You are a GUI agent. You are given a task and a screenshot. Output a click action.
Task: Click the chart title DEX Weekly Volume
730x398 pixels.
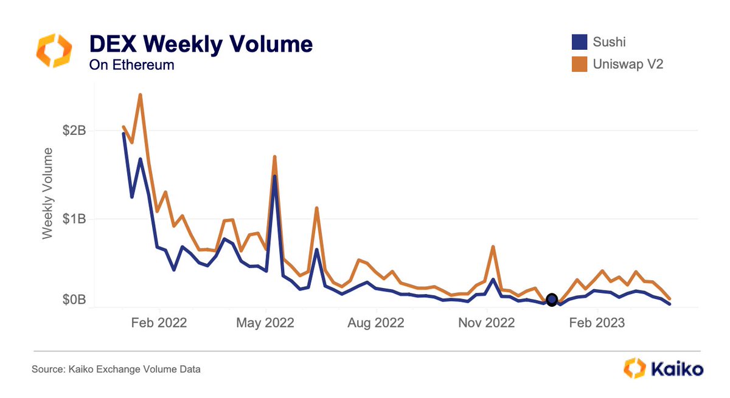(201, 44)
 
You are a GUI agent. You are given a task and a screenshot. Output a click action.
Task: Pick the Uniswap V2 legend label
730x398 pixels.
(628, 63)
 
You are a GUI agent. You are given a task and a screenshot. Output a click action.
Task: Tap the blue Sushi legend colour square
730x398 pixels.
(579, 42)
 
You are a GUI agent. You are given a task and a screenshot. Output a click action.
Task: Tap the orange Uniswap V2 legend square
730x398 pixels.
(579, 63)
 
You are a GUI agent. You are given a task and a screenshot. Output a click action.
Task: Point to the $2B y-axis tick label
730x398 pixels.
(74, 131)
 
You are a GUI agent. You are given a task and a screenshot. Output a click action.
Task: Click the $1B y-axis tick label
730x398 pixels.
(74, 219)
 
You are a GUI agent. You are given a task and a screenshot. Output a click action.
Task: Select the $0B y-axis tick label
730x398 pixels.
(74, 300)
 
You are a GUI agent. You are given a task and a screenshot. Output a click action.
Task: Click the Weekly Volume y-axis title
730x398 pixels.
(47, 193)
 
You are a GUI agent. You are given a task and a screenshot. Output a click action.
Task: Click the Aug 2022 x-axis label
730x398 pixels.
(377, 323)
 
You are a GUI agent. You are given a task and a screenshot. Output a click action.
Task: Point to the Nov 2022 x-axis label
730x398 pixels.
(487, 323)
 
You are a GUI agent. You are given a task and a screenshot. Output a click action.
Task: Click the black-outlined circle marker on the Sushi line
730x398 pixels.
(552, 299)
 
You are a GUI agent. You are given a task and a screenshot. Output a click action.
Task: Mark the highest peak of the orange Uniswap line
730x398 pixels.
(141, 95)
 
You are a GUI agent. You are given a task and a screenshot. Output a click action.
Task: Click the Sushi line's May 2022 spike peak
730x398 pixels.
(275, 176)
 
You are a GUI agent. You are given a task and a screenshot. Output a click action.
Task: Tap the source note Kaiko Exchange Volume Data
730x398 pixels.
(116, 369)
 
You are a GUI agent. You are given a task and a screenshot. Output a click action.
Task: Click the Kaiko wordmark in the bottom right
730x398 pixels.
(676, 368)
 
